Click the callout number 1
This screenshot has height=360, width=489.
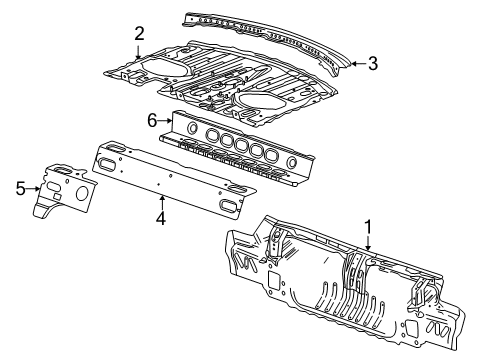(367, 227)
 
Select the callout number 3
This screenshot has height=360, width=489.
(372, 63)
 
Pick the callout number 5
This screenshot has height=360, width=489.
(20, 185)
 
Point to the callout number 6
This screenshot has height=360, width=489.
(153, 119)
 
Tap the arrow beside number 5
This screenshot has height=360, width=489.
(35, 185)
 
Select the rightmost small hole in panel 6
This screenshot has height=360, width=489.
(292, 160)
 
